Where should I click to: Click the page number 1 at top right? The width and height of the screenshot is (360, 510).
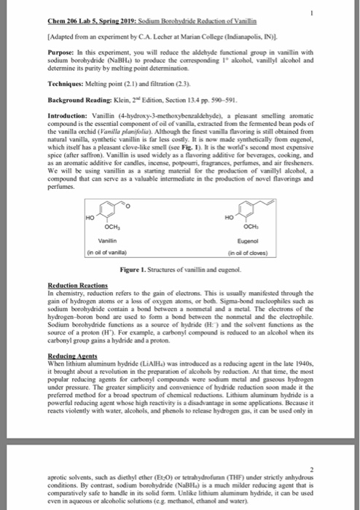click(332, 12)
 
